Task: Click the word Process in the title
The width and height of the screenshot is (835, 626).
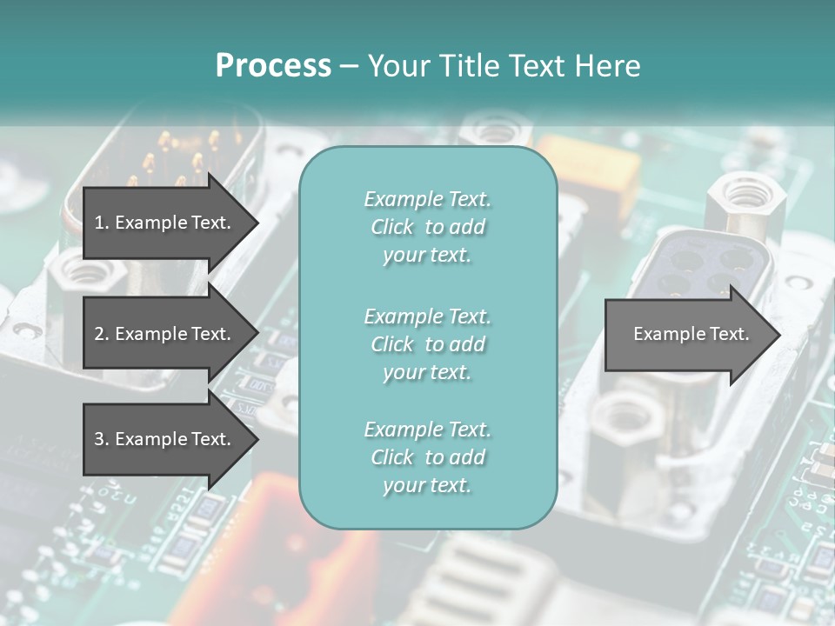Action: pyautogui.click(x=273, y=66)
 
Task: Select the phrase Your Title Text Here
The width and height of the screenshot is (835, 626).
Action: pyautogui.click(x=504, y=66)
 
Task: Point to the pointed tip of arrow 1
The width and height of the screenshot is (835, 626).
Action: pyautogui.click(x=256, y=223)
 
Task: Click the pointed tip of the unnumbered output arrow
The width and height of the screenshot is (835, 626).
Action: pyautogui.click(x=778, y=334)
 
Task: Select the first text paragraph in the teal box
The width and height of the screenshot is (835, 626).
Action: pyautogui.click(x=427, y=227)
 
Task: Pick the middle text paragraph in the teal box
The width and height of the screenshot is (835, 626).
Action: pyautogui.click(x=427, y=343)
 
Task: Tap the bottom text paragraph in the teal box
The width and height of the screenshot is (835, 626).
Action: pyautogui.click(x=427, y=457)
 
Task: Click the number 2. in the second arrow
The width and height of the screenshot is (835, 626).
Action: pyautogui.click(x=102, y=334)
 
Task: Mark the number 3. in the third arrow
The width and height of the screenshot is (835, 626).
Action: pyautogui.click(x=102, y=439)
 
